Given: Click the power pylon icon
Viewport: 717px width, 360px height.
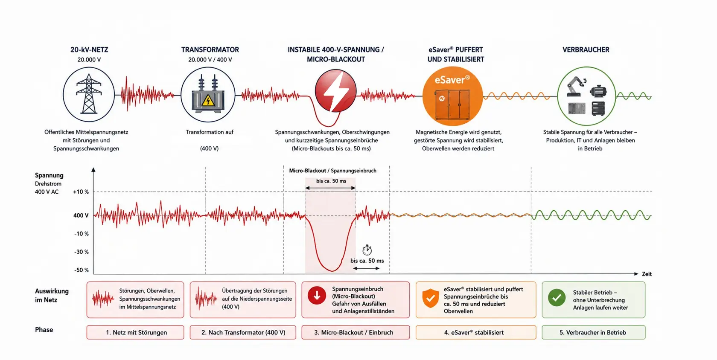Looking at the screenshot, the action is tap(89, 94).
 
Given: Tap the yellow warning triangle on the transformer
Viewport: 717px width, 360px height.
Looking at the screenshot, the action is tap(208, 101).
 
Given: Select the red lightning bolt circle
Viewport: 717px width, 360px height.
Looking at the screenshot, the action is tap(335, 91).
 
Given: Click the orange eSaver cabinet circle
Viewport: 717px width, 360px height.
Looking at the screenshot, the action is tap(452, 96).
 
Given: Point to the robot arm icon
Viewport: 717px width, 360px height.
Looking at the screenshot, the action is tap(575, 86).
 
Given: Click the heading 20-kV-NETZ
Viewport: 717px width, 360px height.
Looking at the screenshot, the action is tap(89, 49).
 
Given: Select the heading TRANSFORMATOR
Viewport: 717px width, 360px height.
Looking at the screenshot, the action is tap(210, 49).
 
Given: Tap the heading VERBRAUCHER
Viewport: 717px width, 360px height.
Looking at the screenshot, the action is tap(586, 49).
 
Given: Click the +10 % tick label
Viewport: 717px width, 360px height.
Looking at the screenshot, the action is tap(81, 192).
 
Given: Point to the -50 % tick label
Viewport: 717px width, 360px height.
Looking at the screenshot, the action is tap(81, 270).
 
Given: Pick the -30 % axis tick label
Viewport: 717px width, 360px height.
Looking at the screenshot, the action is tap(81, 252).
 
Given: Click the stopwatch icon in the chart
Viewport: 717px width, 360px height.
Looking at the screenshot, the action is tap(367, 250).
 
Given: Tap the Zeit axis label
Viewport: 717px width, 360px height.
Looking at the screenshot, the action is tap(647, 274).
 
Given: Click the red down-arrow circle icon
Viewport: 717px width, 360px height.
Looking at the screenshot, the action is tap(317, 295).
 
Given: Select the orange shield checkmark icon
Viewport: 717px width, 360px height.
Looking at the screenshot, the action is tap(431, 298).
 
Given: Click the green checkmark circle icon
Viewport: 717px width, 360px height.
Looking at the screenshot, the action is tap(557, 298).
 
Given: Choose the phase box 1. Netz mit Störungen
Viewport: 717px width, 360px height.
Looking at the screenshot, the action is tap(135, 332).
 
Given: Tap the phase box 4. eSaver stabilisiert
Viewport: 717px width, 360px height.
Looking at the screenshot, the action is tap(475, 332).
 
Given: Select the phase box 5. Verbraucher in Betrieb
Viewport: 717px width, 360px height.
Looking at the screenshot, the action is tap(593, 332).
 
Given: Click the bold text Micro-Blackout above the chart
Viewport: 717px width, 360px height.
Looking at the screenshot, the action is tap(307, 171).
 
